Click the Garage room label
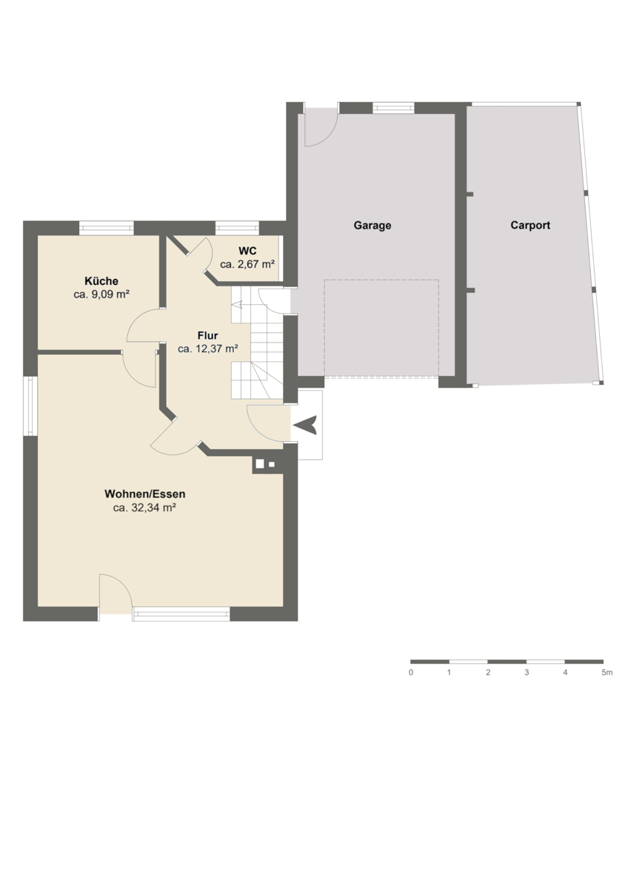tap(372, 226)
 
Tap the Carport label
tap(530, 225)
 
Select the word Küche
tap(101, 281)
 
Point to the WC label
tap(247, 251)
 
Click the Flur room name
tap(207, 336)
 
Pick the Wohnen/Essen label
tap(145, 494)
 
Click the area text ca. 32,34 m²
tap(145, 508)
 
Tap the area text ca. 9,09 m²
tap(101, 295)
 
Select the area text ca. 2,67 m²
tap(247, 264)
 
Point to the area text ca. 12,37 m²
tap(208, 349)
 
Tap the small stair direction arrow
tap(236, 305)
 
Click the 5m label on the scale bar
tap(607, 673)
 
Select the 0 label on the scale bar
tap(410, 673)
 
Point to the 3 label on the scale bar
tap(527, 673)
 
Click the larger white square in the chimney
tap(260, 464)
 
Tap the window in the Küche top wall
tap(107, 228)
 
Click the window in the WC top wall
tap(237, 228)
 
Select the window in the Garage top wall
tap(393, 108)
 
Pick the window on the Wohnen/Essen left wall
tap(30, 406)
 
